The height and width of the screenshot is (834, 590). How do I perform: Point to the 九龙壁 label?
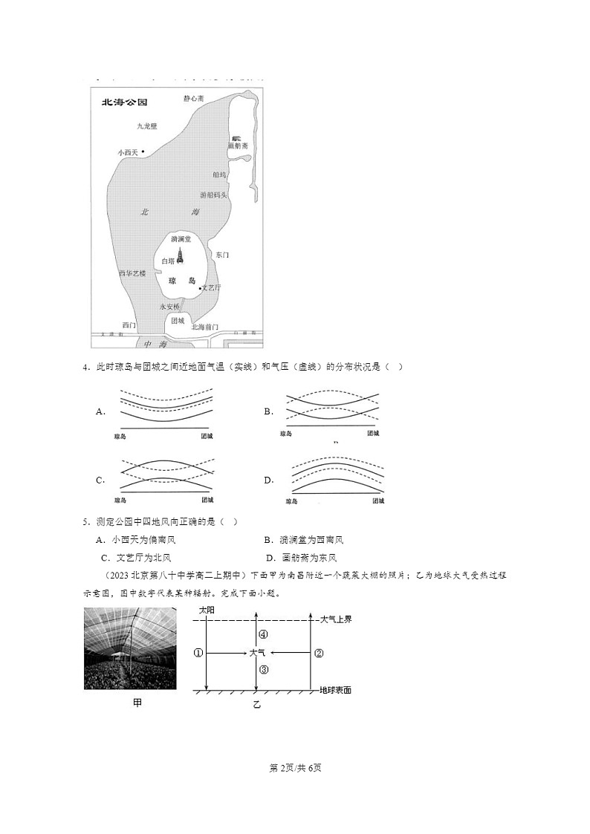[146, 126]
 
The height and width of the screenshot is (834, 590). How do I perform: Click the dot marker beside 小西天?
[143, 152]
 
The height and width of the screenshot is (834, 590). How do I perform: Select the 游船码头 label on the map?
[213, 195]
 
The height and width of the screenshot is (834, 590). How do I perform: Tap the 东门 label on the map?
[221, 255]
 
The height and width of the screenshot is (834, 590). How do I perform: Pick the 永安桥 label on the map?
[169, 306]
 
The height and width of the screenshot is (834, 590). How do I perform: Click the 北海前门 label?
[204, 326]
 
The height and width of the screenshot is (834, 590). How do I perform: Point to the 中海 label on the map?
[157, 345]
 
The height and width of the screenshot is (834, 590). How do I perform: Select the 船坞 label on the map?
[219, 175]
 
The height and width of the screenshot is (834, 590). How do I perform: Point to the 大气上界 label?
[334, 618]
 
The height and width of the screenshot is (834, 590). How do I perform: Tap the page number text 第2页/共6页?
[294, 767]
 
